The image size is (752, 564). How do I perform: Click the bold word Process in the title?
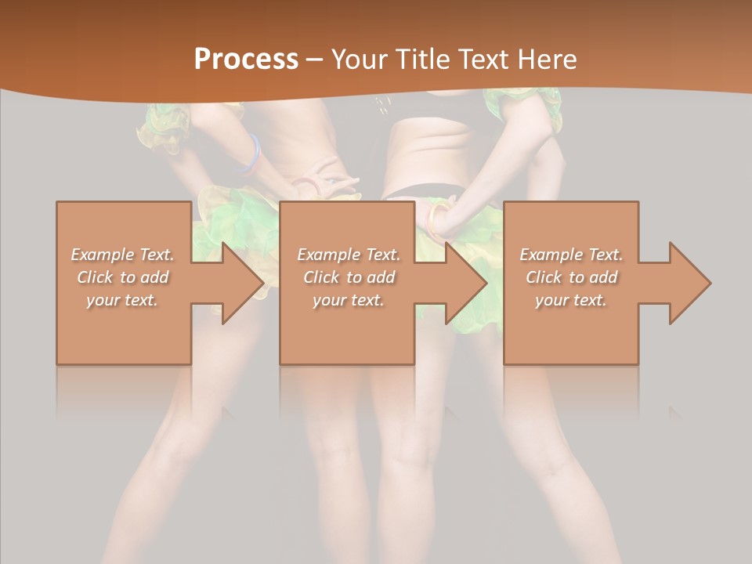pos(246,60)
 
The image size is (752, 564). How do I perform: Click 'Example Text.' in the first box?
pos(123,255)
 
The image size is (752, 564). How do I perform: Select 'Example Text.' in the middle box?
pos(349,255)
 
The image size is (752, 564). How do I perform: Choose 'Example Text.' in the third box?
pos(571,255)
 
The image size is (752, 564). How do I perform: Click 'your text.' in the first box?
pos(122,300)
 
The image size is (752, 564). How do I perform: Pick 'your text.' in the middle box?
pos(349,300)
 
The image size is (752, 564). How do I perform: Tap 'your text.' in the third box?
pos(571,300)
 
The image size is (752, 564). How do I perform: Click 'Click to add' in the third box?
pos(571,277)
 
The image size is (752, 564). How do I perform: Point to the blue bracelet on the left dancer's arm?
pos(251,154)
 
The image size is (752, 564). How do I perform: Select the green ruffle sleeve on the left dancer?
pos(164,127)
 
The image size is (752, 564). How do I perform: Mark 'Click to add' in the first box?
pos(123,277)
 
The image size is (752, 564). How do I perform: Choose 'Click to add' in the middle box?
pos(349,277)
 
